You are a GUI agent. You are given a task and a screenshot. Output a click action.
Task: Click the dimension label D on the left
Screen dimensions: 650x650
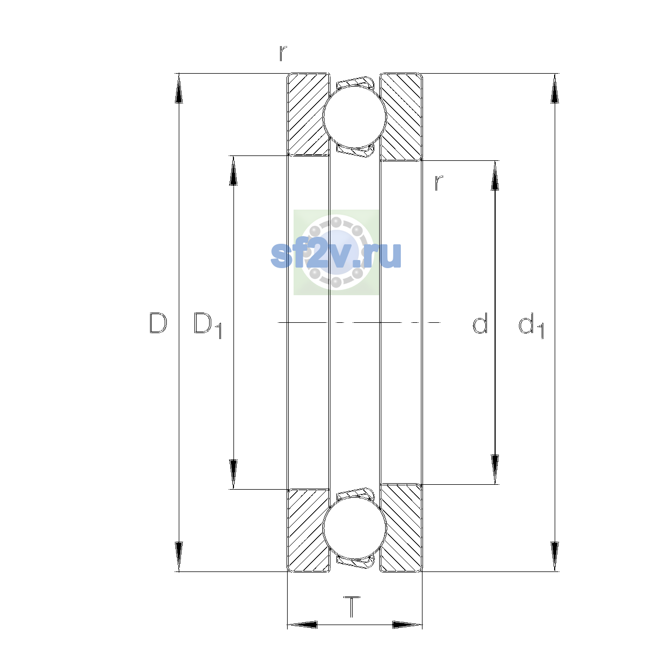pyautogui.click(x=158, y=323)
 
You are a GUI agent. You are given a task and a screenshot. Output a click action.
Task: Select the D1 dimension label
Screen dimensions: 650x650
pyautogui.click(x=207, y=325)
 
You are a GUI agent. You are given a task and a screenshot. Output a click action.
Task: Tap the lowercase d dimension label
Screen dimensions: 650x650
pyautogui.click(x=480, y=323)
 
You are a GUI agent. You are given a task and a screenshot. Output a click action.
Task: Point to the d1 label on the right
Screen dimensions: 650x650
pyautogui.click(x=531, y=325)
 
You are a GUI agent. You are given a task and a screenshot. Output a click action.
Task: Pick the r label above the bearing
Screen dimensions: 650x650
pyautogui.click(x=283, y=53)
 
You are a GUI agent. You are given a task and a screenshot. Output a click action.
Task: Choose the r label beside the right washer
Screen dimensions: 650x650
pyautogui.click(x=438, y=183)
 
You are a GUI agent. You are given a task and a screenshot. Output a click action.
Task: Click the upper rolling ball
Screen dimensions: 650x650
pyautogui.click(x=354, y=116)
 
